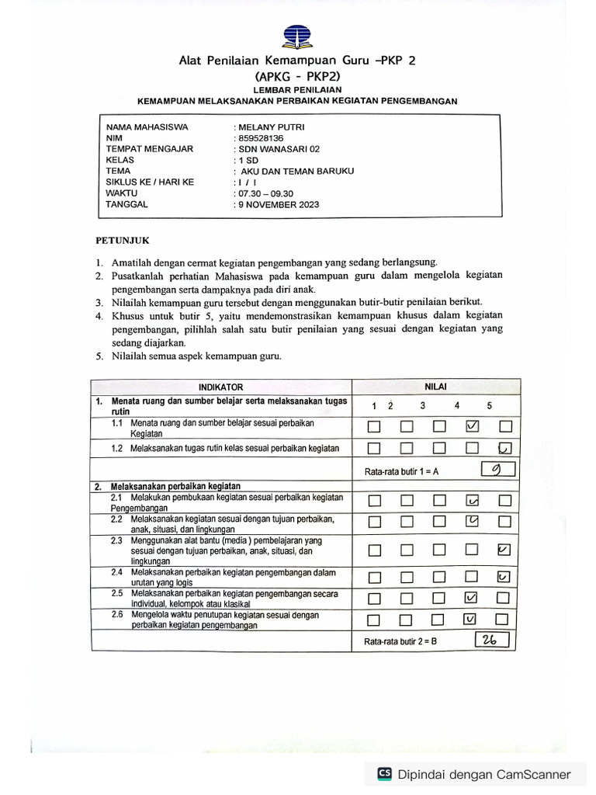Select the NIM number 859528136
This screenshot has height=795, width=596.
(x=262, y=137)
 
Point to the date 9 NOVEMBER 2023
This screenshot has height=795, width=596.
(x=278, y=205)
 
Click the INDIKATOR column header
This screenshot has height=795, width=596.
(x=220, y=387)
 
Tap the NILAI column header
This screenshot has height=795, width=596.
(x=435, y=387)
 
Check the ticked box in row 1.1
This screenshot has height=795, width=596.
(x=472, y=426)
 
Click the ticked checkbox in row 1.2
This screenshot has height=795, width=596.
(x=504, y=447)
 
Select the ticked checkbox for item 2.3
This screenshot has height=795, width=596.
(x=504, y=550)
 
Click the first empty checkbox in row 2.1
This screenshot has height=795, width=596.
(x=374, y=501)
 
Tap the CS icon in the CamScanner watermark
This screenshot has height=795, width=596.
(x=384, y=773)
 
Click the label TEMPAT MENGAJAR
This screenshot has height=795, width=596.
(x=150, y=149)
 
